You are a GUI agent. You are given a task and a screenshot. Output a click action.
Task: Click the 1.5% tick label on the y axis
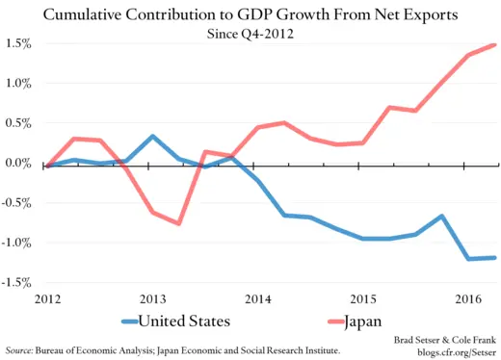[x=17, y=44]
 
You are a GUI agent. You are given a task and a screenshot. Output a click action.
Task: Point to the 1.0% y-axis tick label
[x=17, y=84]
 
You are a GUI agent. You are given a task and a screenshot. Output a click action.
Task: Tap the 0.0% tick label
[x=17, y=164]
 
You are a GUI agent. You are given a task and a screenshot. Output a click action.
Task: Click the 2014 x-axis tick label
[x=257, y=297]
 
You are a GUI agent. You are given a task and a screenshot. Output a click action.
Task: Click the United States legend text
[x=189, y=321]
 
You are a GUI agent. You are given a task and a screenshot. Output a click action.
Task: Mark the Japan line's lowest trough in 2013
[x=179, y=223]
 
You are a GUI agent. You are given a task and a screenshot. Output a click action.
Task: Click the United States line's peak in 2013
[x=153, y=136]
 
